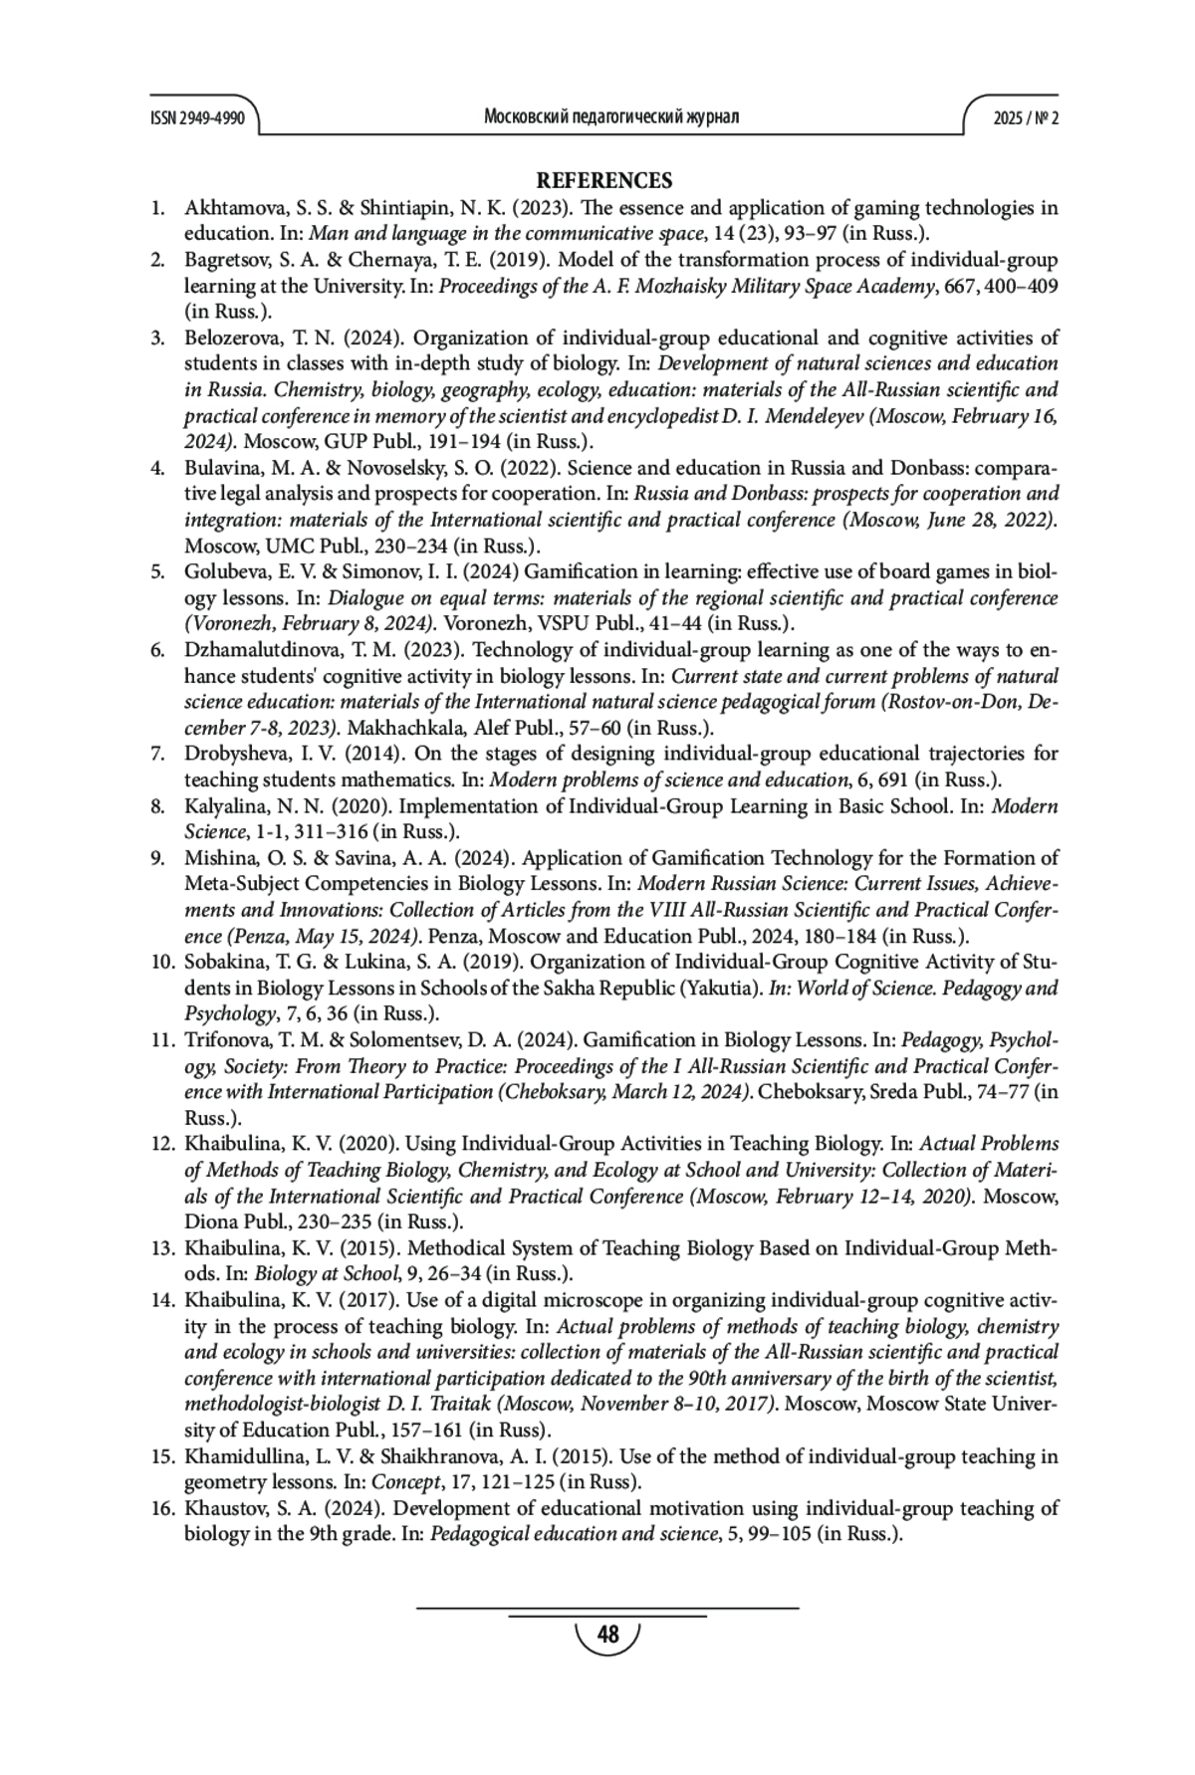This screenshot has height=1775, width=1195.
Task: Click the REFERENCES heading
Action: [604, 181]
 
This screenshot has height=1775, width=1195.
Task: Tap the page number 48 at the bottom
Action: [606, 1635]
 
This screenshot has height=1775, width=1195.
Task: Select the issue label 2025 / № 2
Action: [1026, 117]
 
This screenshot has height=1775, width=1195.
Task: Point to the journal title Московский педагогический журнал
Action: [610, 117]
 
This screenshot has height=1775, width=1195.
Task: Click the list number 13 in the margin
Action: [163, 1248]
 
